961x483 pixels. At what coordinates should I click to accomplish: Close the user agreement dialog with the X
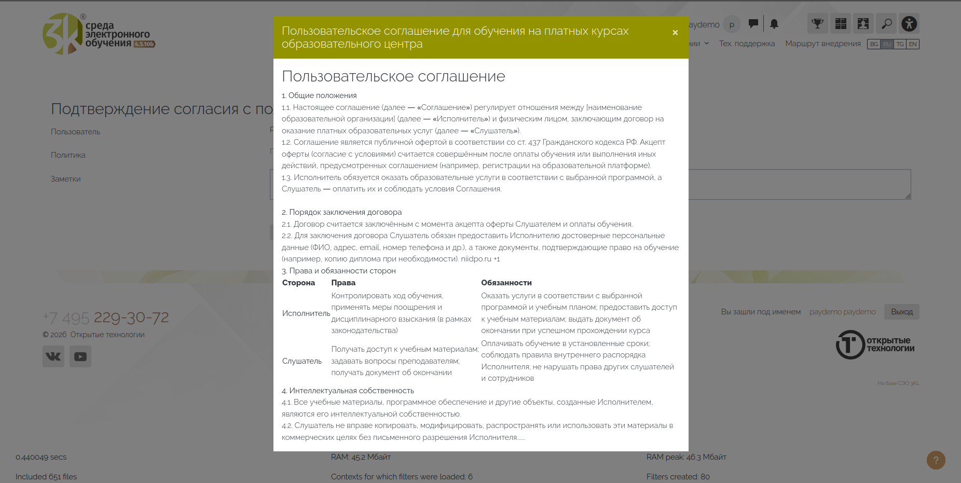point(675,33)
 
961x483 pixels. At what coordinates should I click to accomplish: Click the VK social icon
point(53,356)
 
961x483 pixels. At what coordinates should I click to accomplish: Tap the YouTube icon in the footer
point(80,356)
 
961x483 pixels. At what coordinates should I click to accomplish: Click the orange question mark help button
point(936,460)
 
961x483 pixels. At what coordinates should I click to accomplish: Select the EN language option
point(913,44)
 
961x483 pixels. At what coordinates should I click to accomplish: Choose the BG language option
point(874,44)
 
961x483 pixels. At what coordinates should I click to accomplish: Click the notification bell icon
point(774,24)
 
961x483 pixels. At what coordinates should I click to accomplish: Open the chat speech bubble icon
point(753,23)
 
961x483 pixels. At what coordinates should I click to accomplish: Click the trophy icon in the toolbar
point(817,23)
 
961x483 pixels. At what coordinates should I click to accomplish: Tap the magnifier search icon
point(886,23)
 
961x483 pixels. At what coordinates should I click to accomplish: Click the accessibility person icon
point(909,23)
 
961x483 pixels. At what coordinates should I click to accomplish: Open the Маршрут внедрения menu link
point(822,44)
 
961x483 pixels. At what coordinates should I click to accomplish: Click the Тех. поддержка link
point(747,44)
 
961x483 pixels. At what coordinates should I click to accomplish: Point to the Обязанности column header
point(506,283)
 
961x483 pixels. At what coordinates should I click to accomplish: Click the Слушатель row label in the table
point(302,361)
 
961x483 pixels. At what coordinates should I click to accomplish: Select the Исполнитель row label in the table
point(306,313)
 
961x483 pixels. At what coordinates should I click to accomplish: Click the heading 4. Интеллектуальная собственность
point(348,391)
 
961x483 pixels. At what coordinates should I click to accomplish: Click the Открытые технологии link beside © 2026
point(107,335)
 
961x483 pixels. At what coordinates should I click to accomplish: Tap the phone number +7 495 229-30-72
point(106,317)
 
